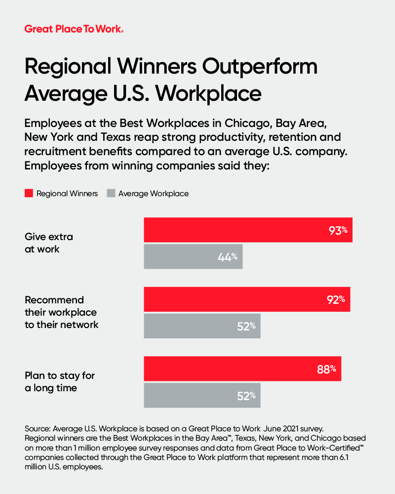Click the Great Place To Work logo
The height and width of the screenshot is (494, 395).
tap(74, 29)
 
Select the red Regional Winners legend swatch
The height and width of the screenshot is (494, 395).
tap(29, 194)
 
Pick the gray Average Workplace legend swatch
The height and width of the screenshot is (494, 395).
tap(110, 194)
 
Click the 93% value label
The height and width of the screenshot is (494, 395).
tap(339, 230)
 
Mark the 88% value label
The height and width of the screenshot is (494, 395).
tap(327, 369)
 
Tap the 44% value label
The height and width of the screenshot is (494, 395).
tap(228, 257)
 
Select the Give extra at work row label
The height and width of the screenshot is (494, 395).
tap(49, 243)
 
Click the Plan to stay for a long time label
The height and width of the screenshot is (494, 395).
tap(59, 381)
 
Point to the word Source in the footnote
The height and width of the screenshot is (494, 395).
tap(38, 428)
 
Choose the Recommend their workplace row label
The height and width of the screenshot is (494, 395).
tap(61, 312)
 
